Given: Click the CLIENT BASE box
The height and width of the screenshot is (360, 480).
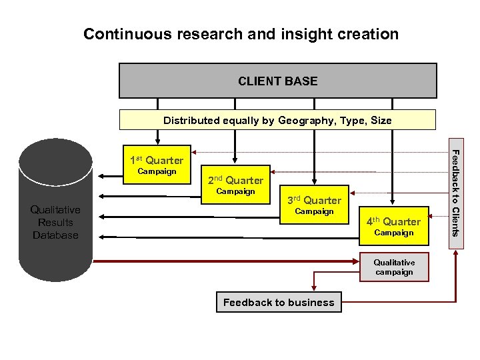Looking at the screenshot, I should click(277, 81).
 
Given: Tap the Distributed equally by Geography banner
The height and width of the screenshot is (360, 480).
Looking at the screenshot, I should click(277, 120).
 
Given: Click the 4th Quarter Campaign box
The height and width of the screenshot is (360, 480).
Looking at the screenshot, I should click(393, 226).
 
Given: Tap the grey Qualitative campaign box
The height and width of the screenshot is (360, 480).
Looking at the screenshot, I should click(394, 267).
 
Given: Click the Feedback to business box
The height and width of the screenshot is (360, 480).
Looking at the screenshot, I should click(279, 303).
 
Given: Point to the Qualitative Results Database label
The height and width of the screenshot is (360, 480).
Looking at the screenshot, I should click(55, 223).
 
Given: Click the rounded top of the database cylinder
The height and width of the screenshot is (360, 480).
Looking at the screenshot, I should click(55, 153).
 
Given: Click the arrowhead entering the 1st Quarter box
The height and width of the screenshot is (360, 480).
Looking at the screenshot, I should click(157, 141).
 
